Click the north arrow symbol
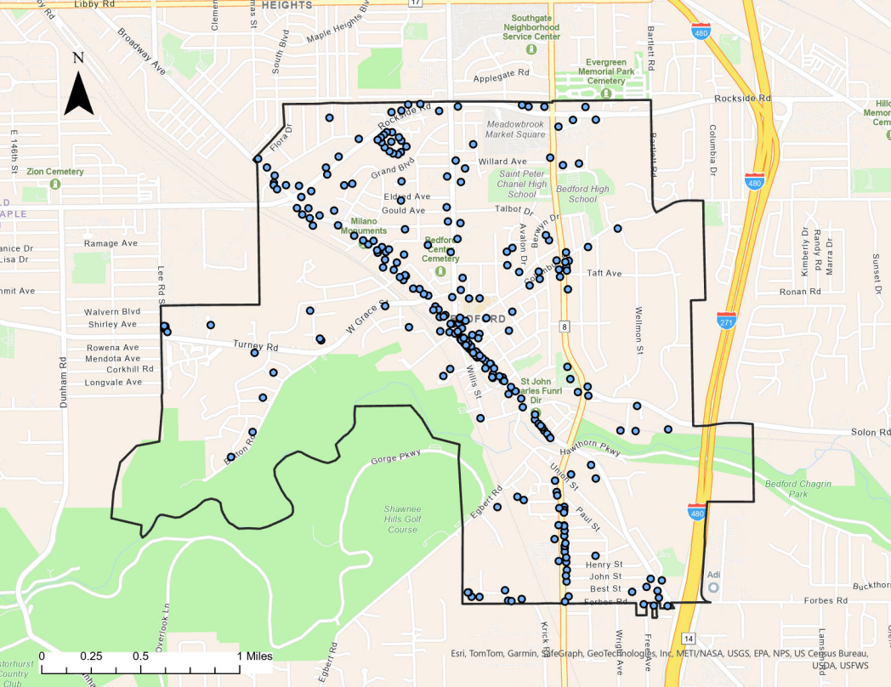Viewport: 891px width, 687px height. point(78,85)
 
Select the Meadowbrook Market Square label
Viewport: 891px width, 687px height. point(515,128)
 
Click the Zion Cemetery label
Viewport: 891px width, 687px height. point(55,172)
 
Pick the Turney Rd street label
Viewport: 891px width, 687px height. point(256,346)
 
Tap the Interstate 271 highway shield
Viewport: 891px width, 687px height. point(726,321)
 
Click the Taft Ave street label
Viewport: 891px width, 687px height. point(604,273)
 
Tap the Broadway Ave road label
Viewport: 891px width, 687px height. point(140,51)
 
